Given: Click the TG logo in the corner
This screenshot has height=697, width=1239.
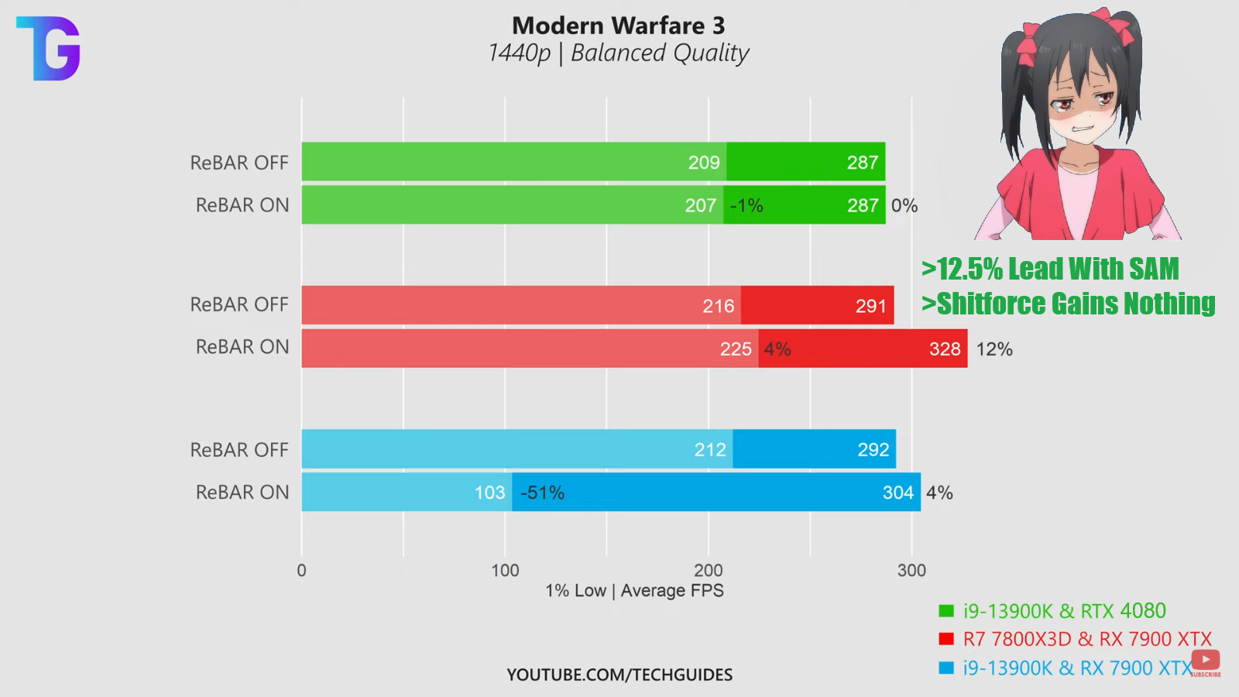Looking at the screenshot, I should click(x=49, y=48).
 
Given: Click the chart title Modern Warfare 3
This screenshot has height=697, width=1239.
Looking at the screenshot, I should click(x=618, y=26).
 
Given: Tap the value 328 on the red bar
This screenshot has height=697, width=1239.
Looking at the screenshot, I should click(x=945, y=349).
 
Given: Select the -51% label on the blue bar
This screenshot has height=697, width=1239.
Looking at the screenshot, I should click(x=542, y=493).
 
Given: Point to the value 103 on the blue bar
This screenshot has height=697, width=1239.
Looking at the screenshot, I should click(x=489, y=493).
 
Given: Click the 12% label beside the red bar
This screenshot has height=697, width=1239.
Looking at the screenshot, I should click(x=994, y=349).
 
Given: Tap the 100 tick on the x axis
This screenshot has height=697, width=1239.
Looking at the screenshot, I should click(x=505, y=571).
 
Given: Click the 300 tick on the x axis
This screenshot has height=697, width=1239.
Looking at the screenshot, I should click(x=911, y=571).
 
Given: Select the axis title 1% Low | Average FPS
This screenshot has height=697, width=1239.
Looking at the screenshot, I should click(x=634, y=591).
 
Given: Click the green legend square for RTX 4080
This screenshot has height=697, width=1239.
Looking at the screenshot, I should click(x=946, y=611).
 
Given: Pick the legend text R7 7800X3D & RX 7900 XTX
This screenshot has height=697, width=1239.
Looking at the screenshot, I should click(x=1086, y=639).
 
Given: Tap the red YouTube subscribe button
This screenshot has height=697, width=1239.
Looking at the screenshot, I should click(x=1206, y=660).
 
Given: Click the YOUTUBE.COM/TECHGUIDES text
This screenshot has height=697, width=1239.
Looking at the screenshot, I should click(x=619, y=675).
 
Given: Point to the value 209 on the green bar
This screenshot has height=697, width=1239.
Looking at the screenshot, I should click(x=704, y=163).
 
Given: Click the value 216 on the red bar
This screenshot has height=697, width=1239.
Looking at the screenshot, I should click(x=718, y=306).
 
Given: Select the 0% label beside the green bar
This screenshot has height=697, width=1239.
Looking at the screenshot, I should click(x=904, y=205).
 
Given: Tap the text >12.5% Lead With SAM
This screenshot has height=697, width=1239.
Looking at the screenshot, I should click(x=1050, y=269).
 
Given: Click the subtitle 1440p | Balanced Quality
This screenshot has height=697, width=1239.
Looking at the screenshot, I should click(x=618, y=53).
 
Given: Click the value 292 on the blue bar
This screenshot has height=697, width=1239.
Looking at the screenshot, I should click(x=873, y=450).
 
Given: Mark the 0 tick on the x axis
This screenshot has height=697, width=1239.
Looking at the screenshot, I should click(x=302, y=571).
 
